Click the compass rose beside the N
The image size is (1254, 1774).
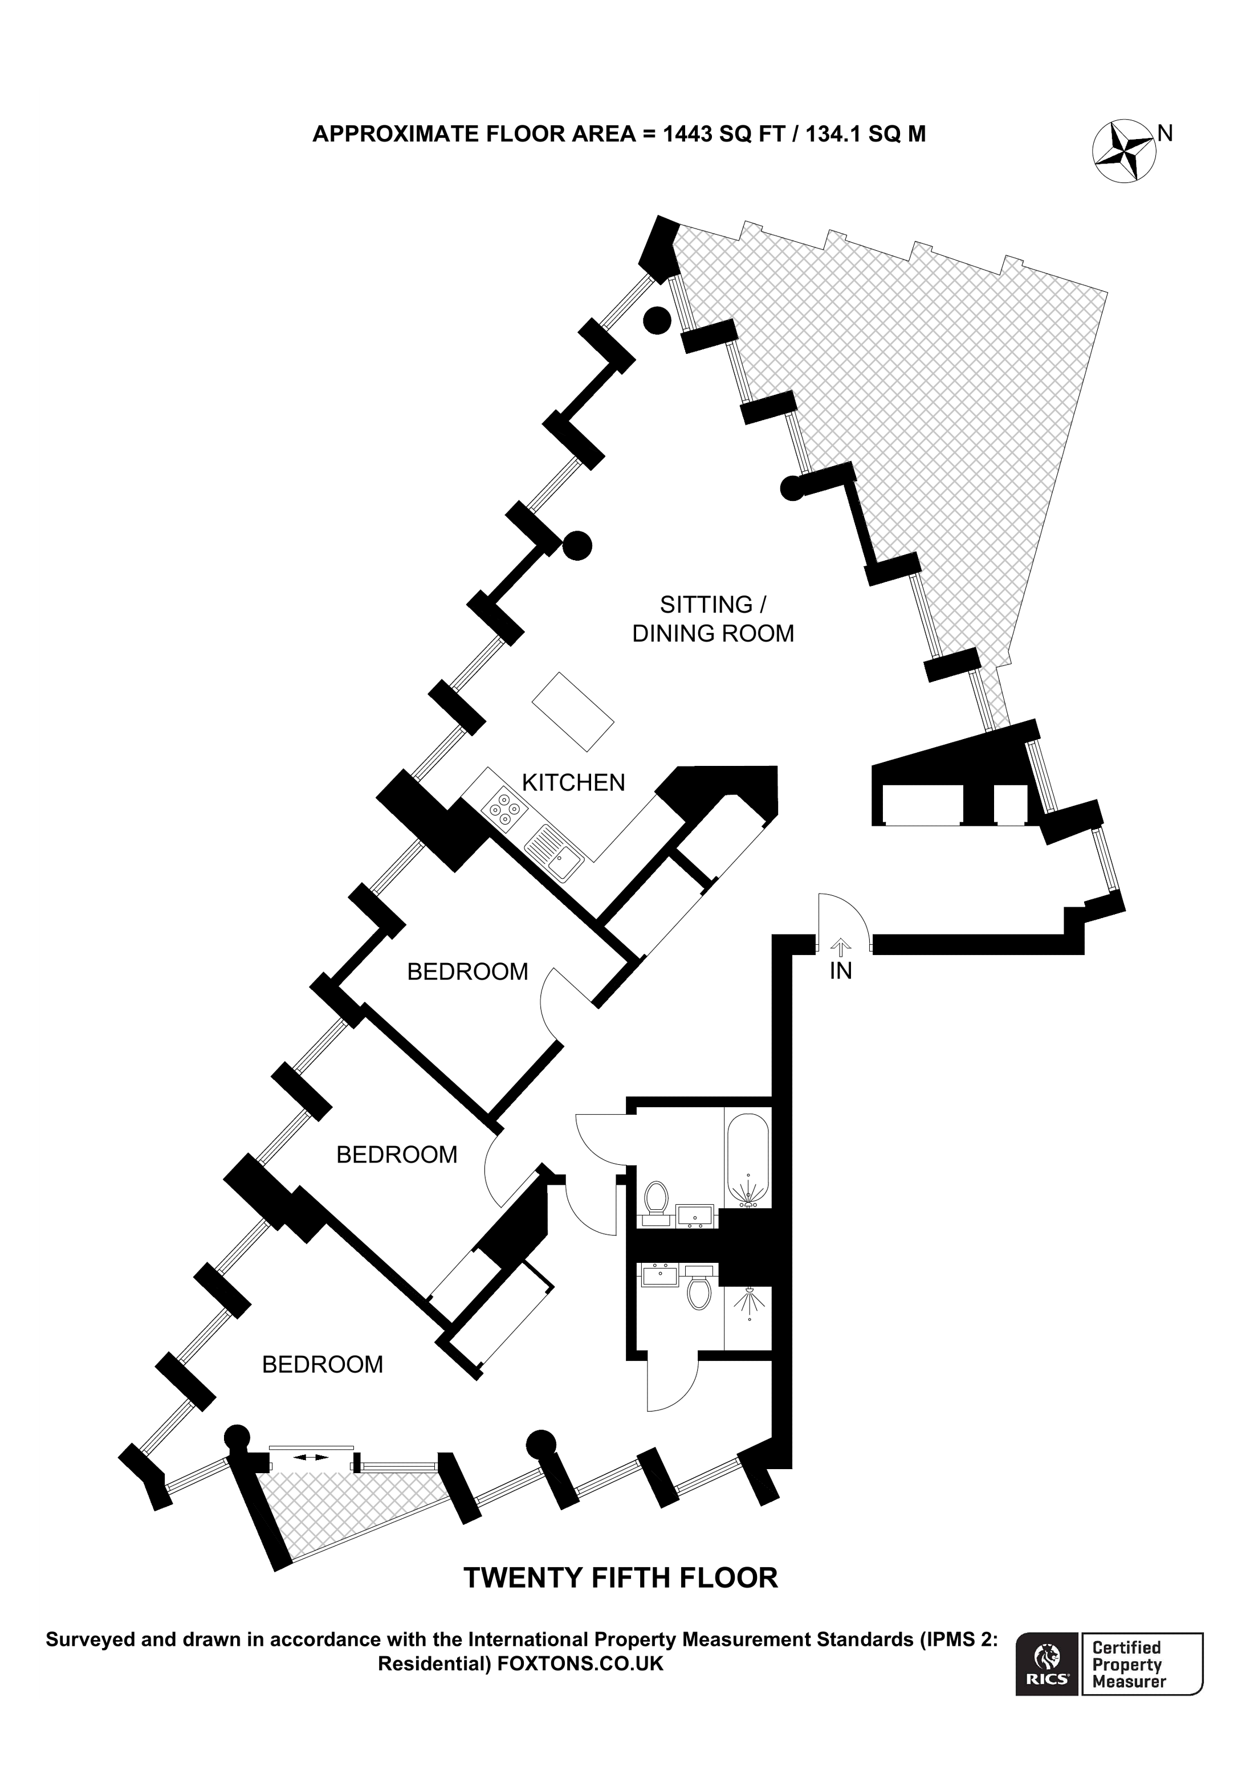click(x=1124, y=152)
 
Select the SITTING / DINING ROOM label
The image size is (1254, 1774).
click(x=712, y=619)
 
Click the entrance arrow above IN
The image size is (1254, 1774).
click(x=841, y=945)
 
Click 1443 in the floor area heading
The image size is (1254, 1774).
click(x=687, y=134)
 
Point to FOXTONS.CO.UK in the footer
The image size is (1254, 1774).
click(x=580, y=1663)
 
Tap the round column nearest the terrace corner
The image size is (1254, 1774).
click(x=657, y=320)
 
